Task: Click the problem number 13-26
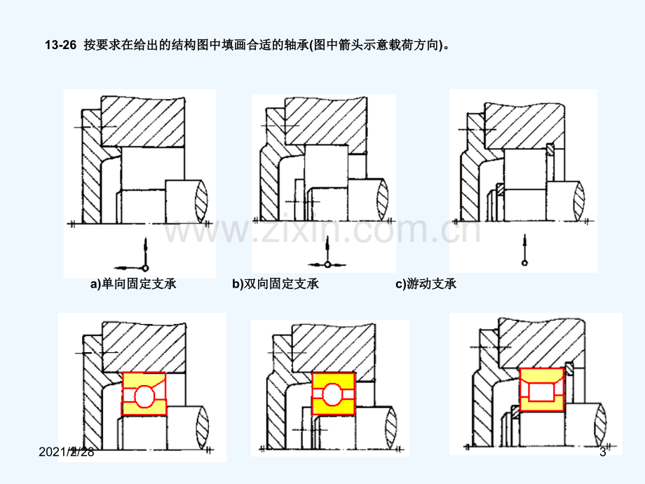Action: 61,45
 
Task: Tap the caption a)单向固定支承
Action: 133,283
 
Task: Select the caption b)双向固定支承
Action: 276,283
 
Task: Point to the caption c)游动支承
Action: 426,283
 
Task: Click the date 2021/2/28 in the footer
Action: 66,452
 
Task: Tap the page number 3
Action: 603,452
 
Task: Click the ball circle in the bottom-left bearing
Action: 144,396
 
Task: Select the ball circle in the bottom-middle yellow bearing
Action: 332,394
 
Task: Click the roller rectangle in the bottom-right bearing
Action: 541,392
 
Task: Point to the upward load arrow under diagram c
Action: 524,247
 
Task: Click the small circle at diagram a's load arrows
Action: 145,268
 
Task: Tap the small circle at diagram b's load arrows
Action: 327,264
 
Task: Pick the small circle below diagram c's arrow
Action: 524,262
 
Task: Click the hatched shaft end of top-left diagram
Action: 201,201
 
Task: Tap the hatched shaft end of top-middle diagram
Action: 383,200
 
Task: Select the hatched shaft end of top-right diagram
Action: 578,201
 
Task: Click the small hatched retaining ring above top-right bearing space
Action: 550,149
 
